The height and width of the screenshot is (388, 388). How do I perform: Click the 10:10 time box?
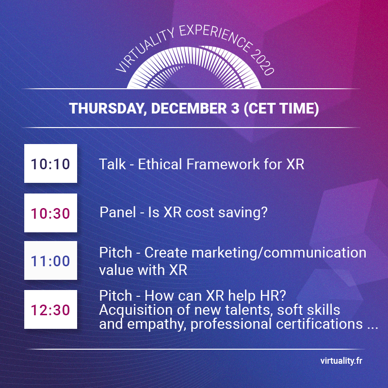click(50, 164)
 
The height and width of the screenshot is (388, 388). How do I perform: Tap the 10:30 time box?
click(50, 213)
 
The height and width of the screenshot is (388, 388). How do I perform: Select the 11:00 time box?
click(50, 261)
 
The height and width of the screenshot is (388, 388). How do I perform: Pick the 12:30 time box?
click(50, 309)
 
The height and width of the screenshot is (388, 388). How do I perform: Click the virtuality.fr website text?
click(341, 361)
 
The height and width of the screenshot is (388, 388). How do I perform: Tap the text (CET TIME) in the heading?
click(280, 109)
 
